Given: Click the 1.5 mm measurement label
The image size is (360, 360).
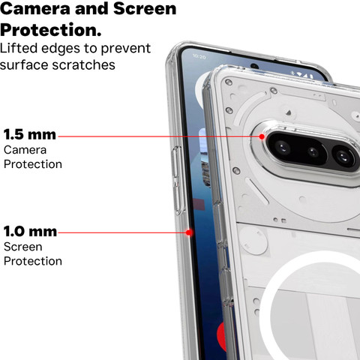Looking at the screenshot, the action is click(x=30, y=134).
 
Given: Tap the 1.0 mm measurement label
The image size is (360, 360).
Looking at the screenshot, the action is click(x=30, y=231).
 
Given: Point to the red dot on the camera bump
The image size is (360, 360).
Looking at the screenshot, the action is click(x=262, y=136).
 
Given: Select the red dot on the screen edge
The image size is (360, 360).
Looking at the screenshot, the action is click(x=189, y=232).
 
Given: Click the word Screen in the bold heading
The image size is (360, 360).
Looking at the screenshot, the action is click(x=145, y=8).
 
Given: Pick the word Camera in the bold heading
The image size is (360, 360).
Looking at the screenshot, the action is click(x=35, y=8).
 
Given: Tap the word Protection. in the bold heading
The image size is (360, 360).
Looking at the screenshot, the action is click(x=51, y=30).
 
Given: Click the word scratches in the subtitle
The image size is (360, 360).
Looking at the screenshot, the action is click(x=83, y=65).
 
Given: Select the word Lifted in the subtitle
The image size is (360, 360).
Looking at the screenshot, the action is click(x=19, y=48).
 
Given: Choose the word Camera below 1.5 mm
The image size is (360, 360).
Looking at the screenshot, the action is click(x=25, y=150).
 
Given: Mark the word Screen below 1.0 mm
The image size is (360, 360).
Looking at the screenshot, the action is click(x=23, y=247).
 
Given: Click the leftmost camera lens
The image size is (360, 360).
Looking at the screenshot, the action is click(x=283, y=147).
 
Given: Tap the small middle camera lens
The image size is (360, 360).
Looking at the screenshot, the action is click(x=313, y=151).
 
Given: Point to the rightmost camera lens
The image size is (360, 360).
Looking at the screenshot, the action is click(x=343, y=157).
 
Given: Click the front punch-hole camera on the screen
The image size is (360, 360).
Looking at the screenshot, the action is click(x=254, y=67).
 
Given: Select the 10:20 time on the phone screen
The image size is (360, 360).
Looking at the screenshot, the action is click(x=199, y=57).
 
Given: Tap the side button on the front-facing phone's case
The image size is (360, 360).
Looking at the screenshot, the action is click(x=177, y=180).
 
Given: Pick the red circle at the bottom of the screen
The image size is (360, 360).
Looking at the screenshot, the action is click(x=221, y=337).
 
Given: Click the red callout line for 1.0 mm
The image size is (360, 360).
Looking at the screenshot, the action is click(x=122, y=232).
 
